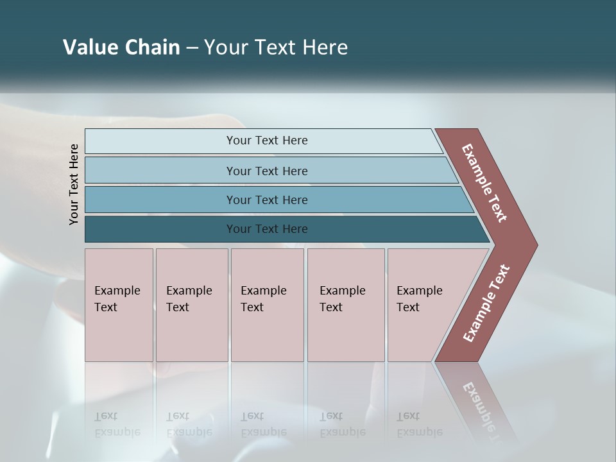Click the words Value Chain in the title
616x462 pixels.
(121, 47)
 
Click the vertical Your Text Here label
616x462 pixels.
(74, 184)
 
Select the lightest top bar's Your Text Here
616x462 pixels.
(267, 141)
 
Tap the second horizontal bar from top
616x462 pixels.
(267, 171)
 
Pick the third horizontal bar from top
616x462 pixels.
(267, 200)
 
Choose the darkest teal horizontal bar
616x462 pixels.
(267, 229)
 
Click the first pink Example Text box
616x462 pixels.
(119, 305)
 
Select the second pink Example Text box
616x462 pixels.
(191, 305)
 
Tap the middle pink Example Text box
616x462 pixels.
(267, 305)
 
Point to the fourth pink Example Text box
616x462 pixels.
(345, 305)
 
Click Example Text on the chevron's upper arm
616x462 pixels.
(485, 183)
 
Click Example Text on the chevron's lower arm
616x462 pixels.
(486, 304)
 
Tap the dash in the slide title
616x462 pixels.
(192, 47)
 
